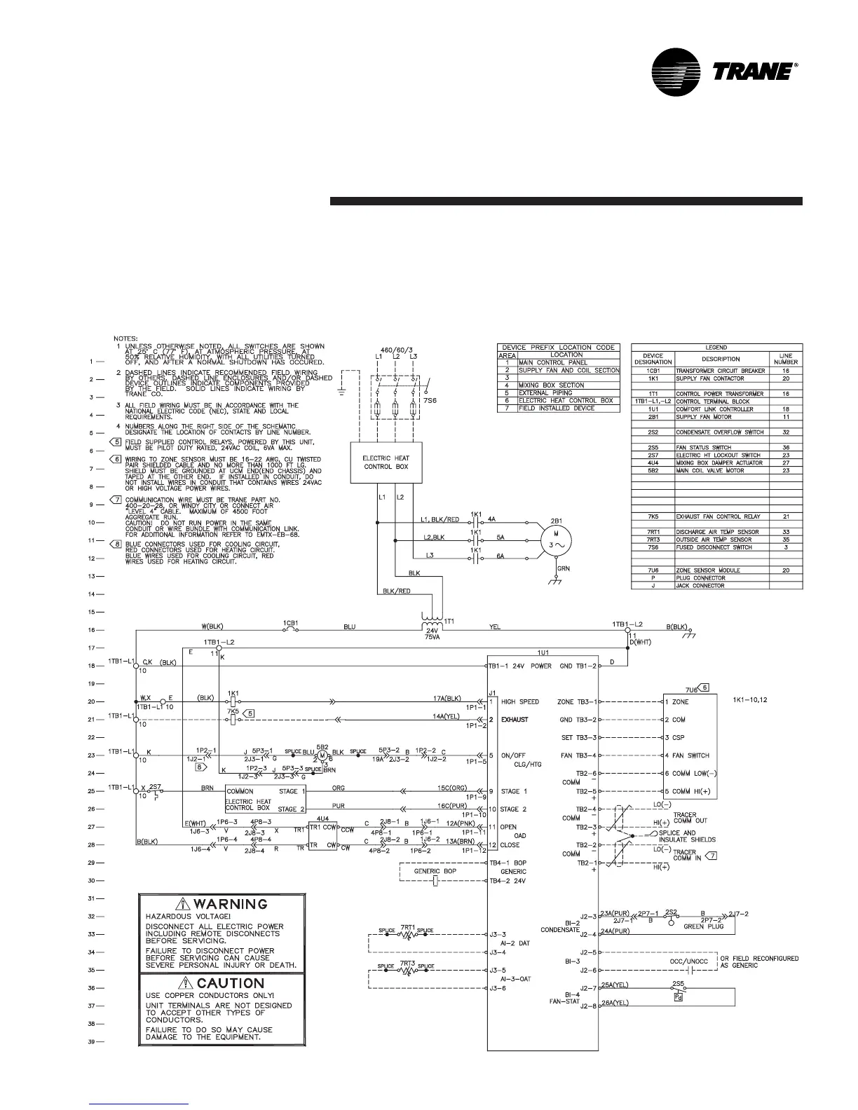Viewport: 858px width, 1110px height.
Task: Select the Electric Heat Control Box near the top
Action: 386,462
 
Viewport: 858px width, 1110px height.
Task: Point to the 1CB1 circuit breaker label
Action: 292,622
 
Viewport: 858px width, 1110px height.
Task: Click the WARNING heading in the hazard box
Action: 220,904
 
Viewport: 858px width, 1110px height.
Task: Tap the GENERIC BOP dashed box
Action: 435,872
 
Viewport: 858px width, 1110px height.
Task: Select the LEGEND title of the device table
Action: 716,347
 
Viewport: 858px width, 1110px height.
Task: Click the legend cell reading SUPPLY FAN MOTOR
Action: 705,416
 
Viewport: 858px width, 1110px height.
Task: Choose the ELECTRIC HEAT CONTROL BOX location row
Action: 566,401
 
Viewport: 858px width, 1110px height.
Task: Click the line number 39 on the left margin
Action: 91,1042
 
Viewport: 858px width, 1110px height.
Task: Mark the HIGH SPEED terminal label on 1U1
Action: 520,701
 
